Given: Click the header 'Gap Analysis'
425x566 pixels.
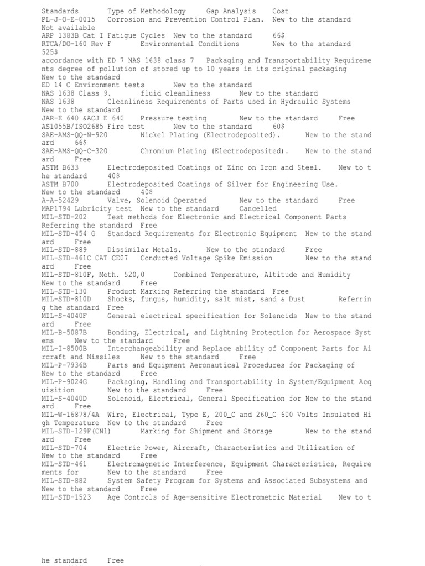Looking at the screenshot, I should (231, 11).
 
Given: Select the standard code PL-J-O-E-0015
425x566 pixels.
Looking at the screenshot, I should (68, 19).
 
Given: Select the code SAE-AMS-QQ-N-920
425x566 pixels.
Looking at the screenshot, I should (74, 135).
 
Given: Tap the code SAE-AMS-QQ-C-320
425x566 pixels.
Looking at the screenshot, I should (74, 151).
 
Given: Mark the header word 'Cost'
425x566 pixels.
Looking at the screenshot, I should (281, 11).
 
